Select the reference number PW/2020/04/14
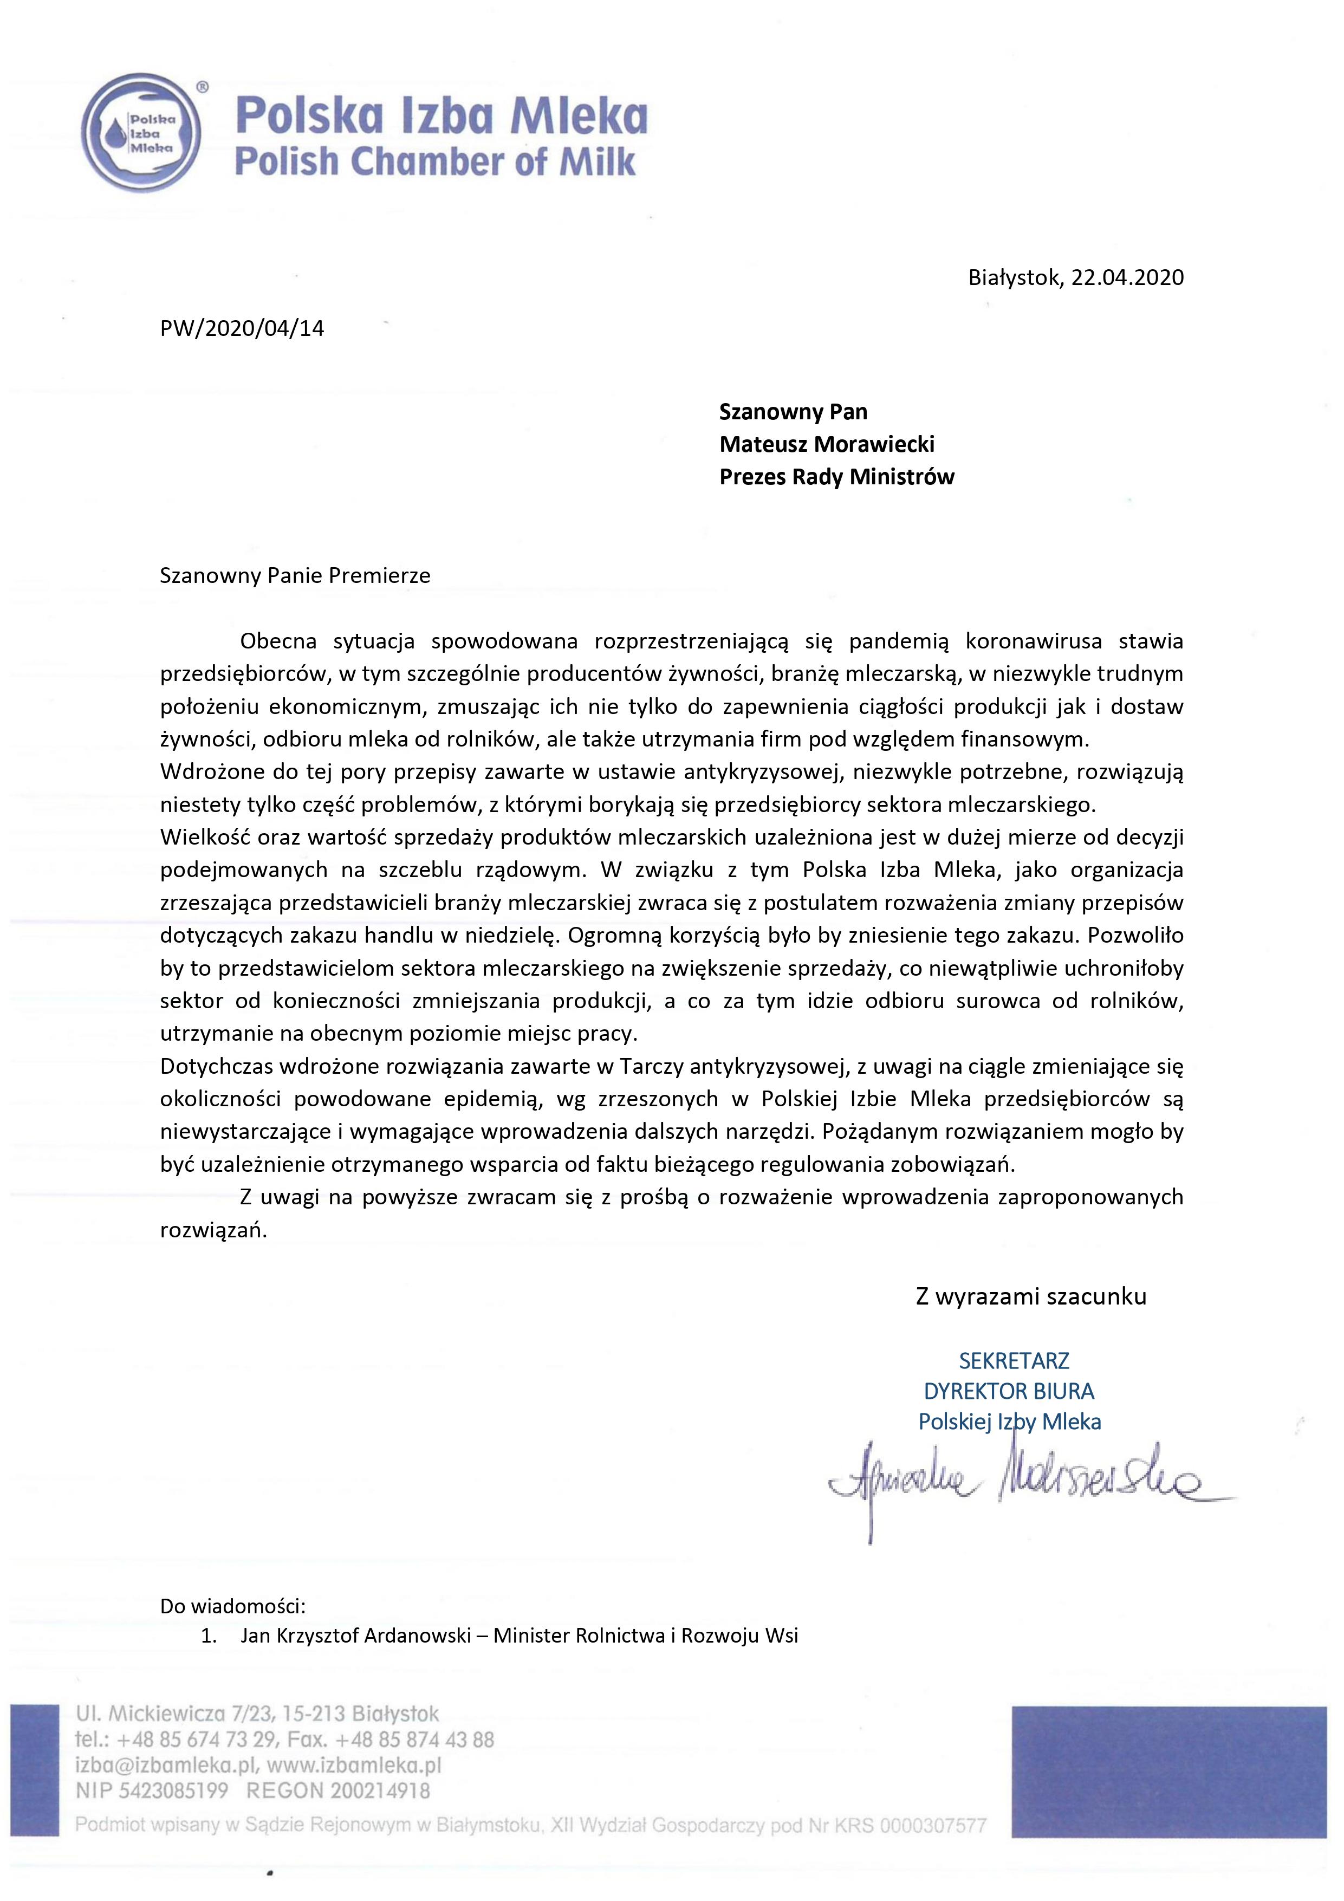point(242,329)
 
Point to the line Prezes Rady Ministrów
point(836,477)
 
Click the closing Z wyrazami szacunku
point(1030,1296)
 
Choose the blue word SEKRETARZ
point(1014,1360)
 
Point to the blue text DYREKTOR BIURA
point(1009,1391)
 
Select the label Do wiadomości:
point(233,1607)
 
